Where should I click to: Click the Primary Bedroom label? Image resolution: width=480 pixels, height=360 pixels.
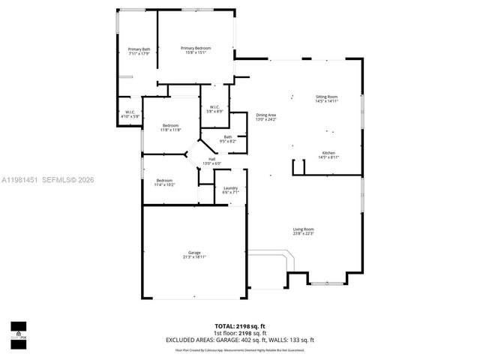[x=196, y=50]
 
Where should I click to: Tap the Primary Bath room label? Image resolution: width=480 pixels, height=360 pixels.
[x=139, y=52]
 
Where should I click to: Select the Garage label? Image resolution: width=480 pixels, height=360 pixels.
[x=193, y=255]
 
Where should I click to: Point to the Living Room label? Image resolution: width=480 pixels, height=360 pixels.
[x=303, y=231]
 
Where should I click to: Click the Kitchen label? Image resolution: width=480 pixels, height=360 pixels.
[x=329, y=154]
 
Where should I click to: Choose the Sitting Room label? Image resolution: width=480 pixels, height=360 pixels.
[x=326, y=98]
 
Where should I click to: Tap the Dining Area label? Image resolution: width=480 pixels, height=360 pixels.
[x=266, y=117]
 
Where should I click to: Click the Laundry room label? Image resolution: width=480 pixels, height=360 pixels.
[x=230, y=190]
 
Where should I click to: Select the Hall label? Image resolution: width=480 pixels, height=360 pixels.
[x=212, y=161]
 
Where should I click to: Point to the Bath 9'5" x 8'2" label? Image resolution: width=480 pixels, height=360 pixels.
[x=227, y=139]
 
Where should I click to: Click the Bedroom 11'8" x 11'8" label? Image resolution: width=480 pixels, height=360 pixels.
[x=170, y=127]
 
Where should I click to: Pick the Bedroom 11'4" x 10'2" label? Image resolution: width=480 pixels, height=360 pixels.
[x=164, y=182]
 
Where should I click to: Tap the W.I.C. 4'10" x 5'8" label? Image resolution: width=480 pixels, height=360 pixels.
[x=130, y=115]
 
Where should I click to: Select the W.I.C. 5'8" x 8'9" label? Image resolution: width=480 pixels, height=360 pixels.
[x=214, y=109]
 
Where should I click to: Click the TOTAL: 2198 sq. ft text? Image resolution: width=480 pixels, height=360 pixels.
[x=240, y=326]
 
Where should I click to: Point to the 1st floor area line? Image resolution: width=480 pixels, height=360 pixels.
[x=240, y=333]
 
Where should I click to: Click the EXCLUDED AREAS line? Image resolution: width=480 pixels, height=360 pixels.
[x=240, y=340]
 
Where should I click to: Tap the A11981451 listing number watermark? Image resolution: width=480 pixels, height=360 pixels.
[x=20, y=179]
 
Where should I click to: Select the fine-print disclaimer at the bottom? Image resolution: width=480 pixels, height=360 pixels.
[x=240, y=349]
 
